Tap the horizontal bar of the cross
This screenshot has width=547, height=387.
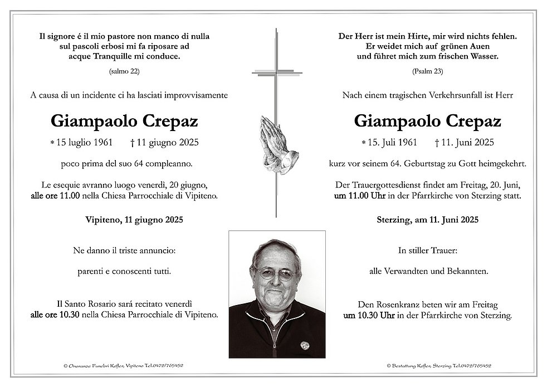tap(277, 72)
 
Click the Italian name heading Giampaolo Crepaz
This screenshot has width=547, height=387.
tap(124, 121)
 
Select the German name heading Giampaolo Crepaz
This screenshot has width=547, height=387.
tap(427, 121)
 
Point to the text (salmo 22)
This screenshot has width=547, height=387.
tap(124, 71)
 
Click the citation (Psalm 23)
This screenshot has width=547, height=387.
tap(427, 71)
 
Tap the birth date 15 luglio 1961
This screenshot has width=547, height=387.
tap(85, 143)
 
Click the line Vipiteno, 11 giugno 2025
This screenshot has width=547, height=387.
tap(124, 220)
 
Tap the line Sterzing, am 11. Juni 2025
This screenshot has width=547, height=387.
tap(427, 220)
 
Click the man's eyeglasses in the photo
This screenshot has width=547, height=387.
tap(274, 274)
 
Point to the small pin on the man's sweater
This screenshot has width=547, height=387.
tap(304, 345)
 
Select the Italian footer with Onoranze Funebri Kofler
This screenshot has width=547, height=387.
tap(124, 366)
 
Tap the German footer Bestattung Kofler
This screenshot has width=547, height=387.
tap(438, 366)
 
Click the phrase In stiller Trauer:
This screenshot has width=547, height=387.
tap(427, 251)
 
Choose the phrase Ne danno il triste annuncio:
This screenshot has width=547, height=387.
tap(124, 251)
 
